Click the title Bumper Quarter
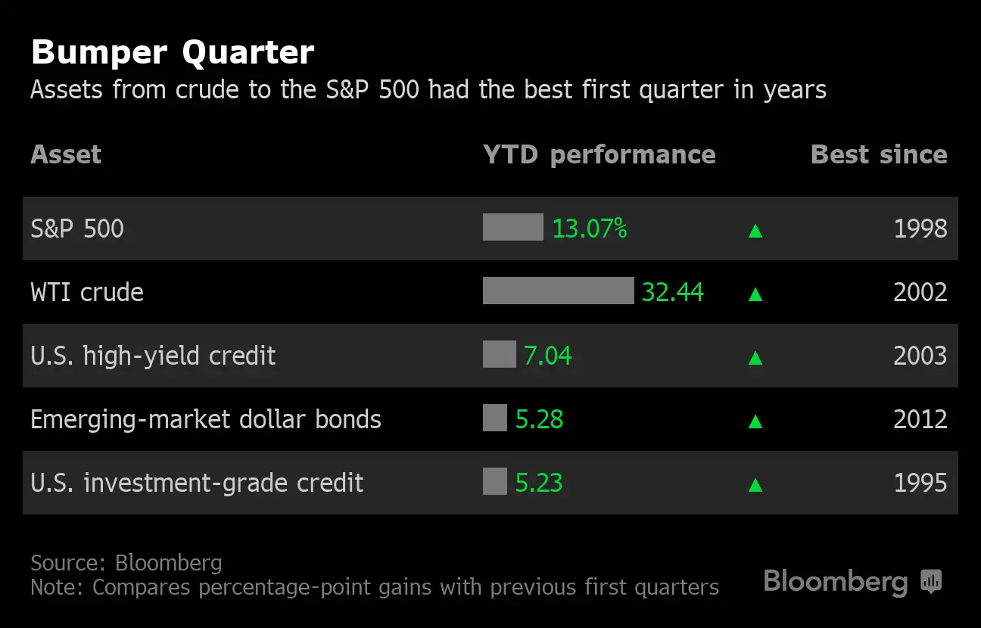(x=172, y=53)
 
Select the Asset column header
(x=66, y=154)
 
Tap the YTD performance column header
(x=599, y=154)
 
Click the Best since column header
(x=878, y=154)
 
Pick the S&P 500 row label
(x=77, y=229)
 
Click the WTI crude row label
(x=87, y=292)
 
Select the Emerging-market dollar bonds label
(x=206, y=419)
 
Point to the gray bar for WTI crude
(x=558, y=291)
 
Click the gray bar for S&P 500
(x=512, y=227)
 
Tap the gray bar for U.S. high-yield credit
(x=499, y=354)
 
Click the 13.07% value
(x=589, y=229)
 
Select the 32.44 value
(x=672, y=292)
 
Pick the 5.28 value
(x=539, y=419)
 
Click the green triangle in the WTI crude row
(x=755, y=294)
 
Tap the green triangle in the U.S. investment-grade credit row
(x=755, y=484)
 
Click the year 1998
(x=920, y=229)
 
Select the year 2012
(x=920, y=419)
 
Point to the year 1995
(x=920, y=483)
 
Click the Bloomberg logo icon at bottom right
(x=930, y=581)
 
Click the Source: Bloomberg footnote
(x=126, y=563)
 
